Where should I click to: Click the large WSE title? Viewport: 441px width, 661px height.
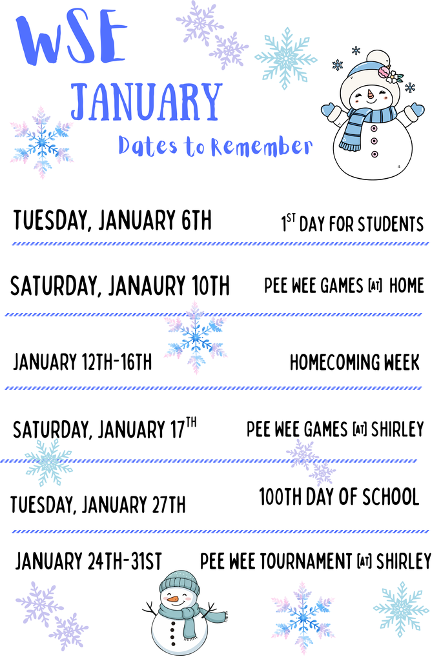(71, 40)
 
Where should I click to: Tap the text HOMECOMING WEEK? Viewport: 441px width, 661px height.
(354, 362)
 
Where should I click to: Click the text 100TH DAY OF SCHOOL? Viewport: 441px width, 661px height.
(339, 497)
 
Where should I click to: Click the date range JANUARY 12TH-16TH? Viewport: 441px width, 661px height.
(83, 362)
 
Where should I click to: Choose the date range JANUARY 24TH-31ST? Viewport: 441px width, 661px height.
(88, 562)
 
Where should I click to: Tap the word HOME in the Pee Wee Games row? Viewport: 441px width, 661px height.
(407, 285)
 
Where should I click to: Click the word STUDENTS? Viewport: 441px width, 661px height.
(391, 225)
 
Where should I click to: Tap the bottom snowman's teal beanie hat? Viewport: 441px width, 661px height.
(180, 582)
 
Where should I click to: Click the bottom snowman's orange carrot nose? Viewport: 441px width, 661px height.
(173, 599)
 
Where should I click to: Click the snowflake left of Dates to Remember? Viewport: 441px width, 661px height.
(42, 143)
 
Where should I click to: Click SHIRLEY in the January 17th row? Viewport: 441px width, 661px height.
(398, 429)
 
